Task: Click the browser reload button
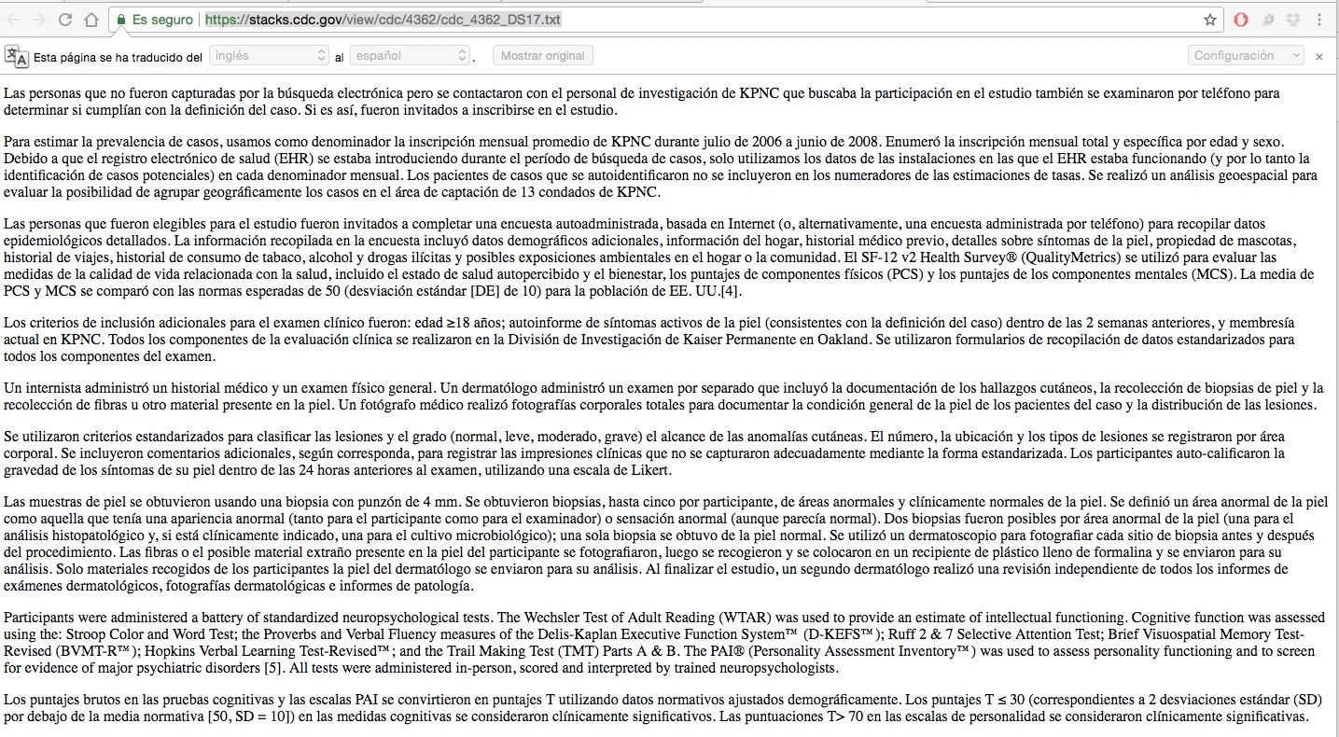point(65,20)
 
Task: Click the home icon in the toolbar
point(91,20)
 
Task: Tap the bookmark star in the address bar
point(1210,20)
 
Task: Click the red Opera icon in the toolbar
point(1240,20)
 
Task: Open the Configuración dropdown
point(1246,56)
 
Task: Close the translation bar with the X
point(1319,56)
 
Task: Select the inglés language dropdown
point(269,56)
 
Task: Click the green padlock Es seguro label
point(155,20)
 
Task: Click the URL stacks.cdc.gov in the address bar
point(383,20)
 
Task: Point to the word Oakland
point(843,339)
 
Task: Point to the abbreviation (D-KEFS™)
point(841,634)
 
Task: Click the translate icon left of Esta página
point(16,56)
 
